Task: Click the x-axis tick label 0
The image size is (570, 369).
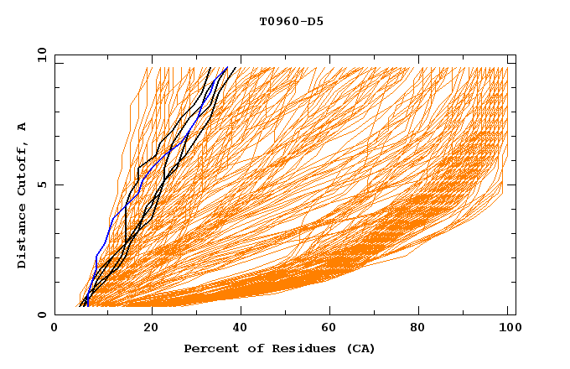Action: [x=54, y=330]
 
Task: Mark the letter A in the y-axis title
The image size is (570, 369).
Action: [x=23, y=126]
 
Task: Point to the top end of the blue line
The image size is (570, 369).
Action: [x=227, y=68]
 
